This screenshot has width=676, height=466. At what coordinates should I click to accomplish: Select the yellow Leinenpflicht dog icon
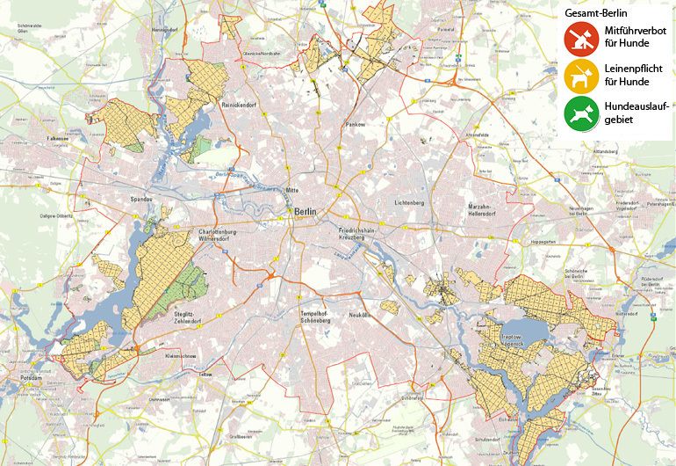point(581,75)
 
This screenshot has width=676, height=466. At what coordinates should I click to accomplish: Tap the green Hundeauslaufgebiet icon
point(581,113)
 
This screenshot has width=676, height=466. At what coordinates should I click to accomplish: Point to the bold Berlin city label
point(306,212)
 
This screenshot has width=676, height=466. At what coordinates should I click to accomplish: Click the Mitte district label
point(292,190)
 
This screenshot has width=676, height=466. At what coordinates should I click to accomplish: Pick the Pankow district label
point(355,125)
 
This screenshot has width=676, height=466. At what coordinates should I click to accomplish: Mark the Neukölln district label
point(361,314)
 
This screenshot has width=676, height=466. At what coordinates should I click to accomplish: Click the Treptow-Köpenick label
point(508,340)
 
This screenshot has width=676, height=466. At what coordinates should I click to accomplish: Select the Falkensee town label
point(57,138)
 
